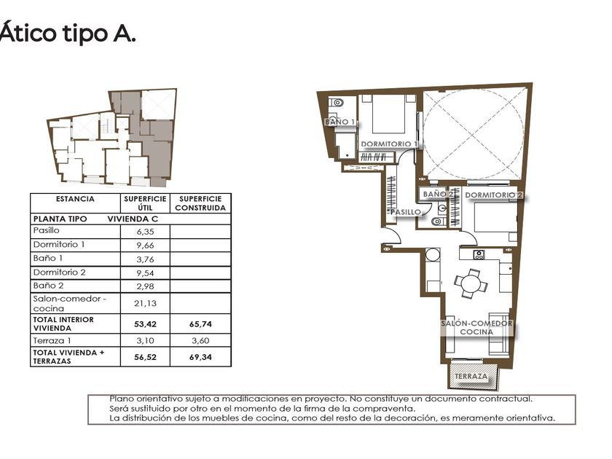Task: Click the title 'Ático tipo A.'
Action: (x=68, y=33)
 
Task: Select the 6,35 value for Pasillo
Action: (x=145, y=232)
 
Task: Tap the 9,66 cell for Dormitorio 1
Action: (x=145, y=245)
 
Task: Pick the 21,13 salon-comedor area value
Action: (x=145, y=303)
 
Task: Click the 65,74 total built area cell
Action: (x=200, y=324)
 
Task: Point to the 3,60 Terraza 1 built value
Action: (x=200, y=340)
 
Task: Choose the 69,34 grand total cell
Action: (x=200, y=357)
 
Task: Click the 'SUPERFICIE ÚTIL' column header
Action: (x=145, y=203)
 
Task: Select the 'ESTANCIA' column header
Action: (x=75, y=199)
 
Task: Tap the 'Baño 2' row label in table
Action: (x=48, y=286)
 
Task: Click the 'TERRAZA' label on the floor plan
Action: (x=471, y=376)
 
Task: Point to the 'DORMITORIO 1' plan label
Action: (x=389, y=144)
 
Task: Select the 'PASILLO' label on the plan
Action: (x=406, y=212)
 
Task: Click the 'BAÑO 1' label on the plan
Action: (x=340, y=122)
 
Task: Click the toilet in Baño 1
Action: (x=336, y=103)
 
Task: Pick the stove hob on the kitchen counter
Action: (x=479, y=255)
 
